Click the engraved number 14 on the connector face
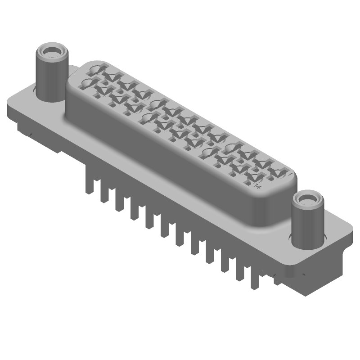click(x=258, y=185)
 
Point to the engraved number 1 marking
click(x=290, y=173)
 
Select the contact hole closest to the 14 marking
click(x=249, y=179)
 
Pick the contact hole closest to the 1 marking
click(x=278, y=171)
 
